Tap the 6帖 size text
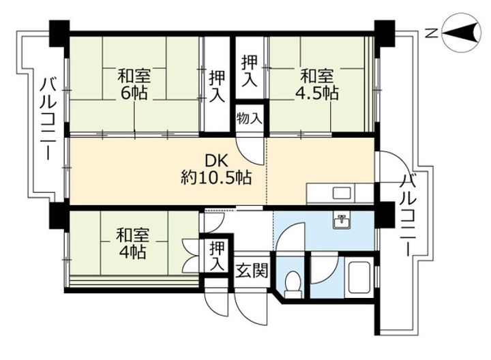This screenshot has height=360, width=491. coord(134,92)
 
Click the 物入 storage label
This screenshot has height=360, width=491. coord(250,118)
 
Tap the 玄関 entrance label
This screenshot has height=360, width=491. coord(250,270)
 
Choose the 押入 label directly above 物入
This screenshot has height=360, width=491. coord(250,70)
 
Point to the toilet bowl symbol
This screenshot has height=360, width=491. coord(291,282)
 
